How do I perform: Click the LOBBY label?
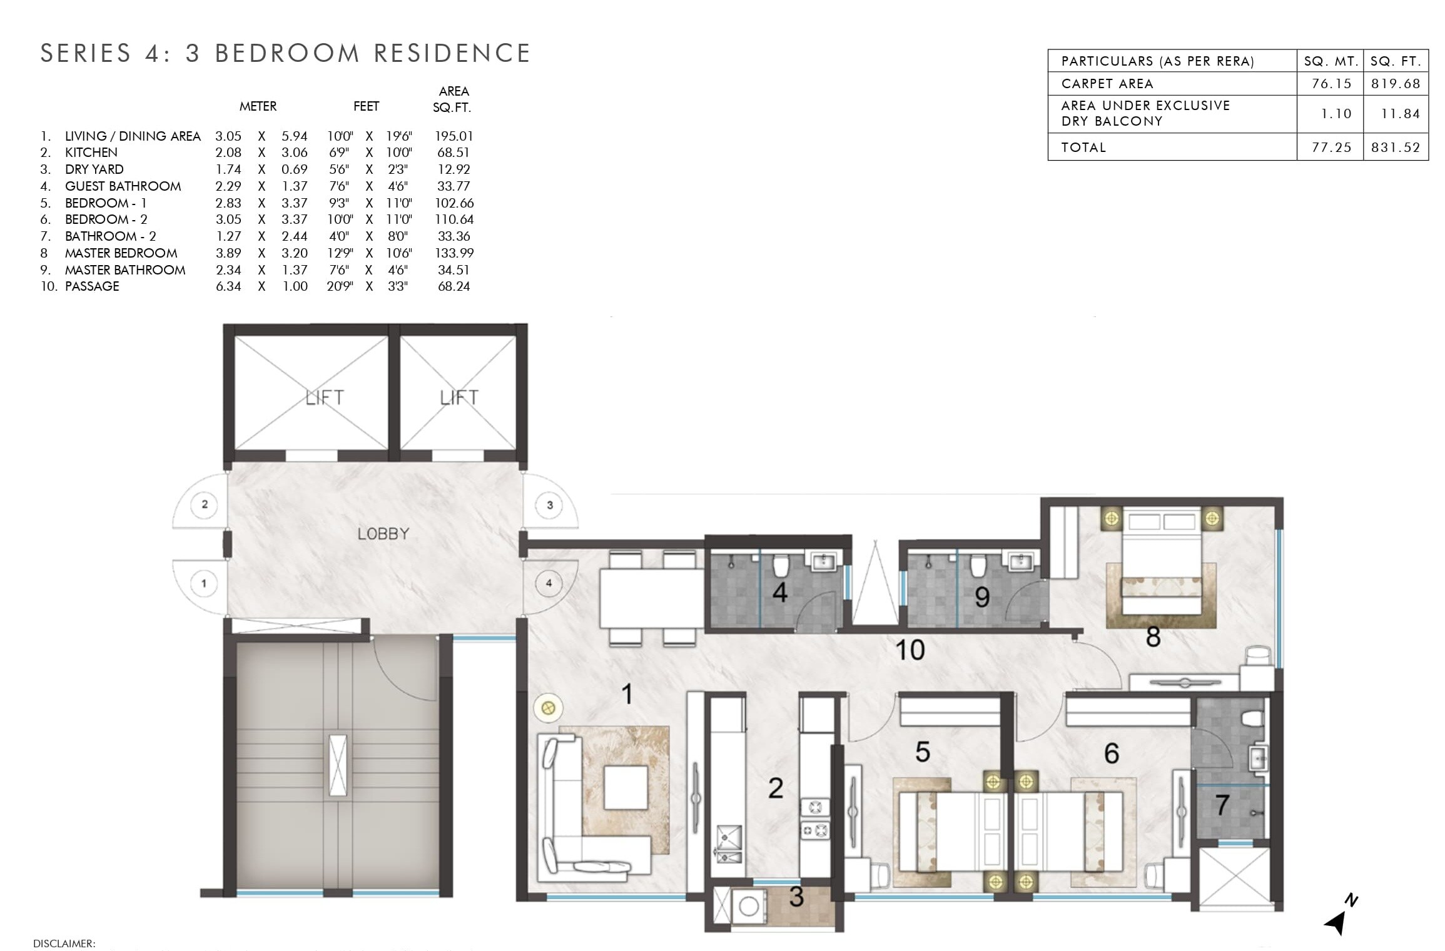click(x=383, y=533)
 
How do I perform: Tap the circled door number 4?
click(x=549, y=583)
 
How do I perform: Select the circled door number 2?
click(x=205, y=504)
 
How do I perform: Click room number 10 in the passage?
click(x=910, y=650)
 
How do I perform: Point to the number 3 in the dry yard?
click(x=796, y=897)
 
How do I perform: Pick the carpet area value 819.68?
click(x=1395, y=83)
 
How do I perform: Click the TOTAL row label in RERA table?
click(x=1083, y=147)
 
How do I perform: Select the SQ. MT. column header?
click(x=1330, y=61)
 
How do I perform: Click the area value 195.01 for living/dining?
click(x=454, y=136)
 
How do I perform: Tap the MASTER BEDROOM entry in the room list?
click(x=121, y=253)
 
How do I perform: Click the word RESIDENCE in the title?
click(x=452, y=53)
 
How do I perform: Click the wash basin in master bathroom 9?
click(x=1022, y=561)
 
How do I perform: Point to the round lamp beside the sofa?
click(x=548, y=708)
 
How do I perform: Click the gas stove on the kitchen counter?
click(x=815, y=819)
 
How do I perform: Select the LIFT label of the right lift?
click(x=459, y=397)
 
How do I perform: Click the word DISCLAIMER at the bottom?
click(x=64, y=943)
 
